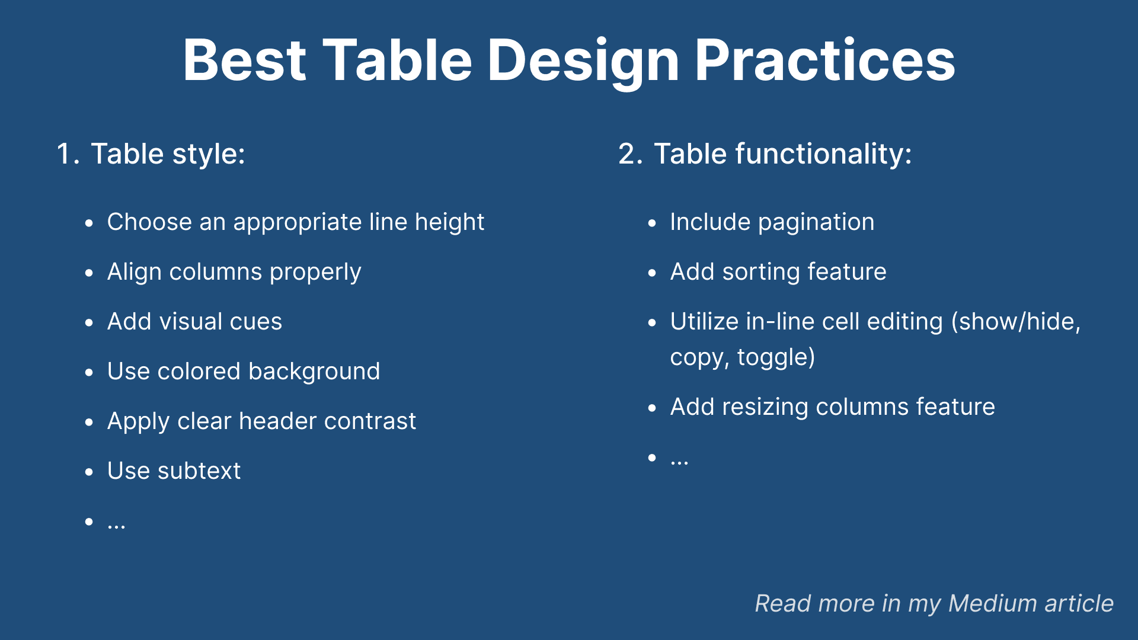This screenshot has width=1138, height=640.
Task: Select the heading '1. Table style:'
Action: [151, 154]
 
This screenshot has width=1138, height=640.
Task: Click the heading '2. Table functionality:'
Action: [765, 154]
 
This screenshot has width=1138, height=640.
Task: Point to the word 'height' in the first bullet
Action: [449, 223]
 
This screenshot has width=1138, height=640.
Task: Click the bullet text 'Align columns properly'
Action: [234, 273]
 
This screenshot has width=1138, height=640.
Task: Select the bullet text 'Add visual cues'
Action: [194, 322]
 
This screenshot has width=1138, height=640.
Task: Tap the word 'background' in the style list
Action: [314, 372]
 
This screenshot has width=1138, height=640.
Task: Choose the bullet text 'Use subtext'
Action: [174, 471]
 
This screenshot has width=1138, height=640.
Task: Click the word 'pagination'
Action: [816, 223]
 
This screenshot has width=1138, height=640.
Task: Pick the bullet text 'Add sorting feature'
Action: [778, 273]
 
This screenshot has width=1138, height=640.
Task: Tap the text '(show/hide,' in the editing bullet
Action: [1016, 322]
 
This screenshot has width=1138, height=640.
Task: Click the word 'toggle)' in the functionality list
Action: [776, 358]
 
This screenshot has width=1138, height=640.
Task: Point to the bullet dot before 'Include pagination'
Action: [653, 223]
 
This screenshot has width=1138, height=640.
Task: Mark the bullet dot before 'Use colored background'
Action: [89, 373]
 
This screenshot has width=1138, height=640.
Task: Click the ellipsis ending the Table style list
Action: [116, 526]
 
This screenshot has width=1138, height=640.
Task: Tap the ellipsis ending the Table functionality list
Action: [679, 462]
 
